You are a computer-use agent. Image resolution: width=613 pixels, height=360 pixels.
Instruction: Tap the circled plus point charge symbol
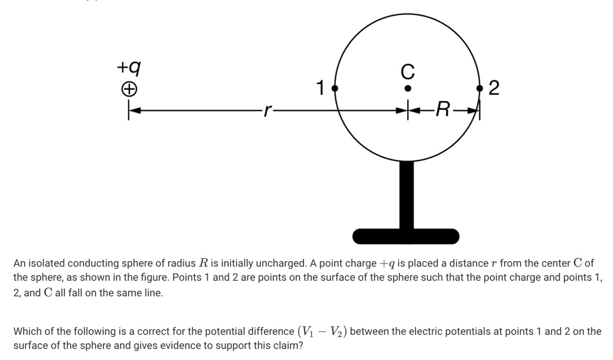(x=129, y=90)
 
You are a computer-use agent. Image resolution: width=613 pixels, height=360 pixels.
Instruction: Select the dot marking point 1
(x=335, y=88)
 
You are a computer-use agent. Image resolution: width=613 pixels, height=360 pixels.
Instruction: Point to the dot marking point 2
(x=480, y=88)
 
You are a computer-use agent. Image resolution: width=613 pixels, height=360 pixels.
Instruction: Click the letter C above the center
(x=407, y=72)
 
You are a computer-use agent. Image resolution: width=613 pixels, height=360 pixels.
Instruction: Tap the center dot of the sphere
(x=407, y=88)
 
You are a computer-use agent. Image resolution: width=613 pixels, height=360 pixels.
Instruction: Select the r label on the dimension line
(x=268, y=110)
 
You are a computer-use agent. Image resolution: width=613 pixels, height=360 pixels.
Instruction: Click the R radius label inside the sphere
(x=442, y=110)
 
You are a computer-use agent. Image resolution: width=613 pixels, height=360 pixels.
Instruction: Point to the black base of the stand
(x=406, y=237)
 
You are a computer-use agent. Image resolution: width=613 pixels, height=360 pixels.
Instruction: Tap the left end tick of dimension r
(x=129, y=110)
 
